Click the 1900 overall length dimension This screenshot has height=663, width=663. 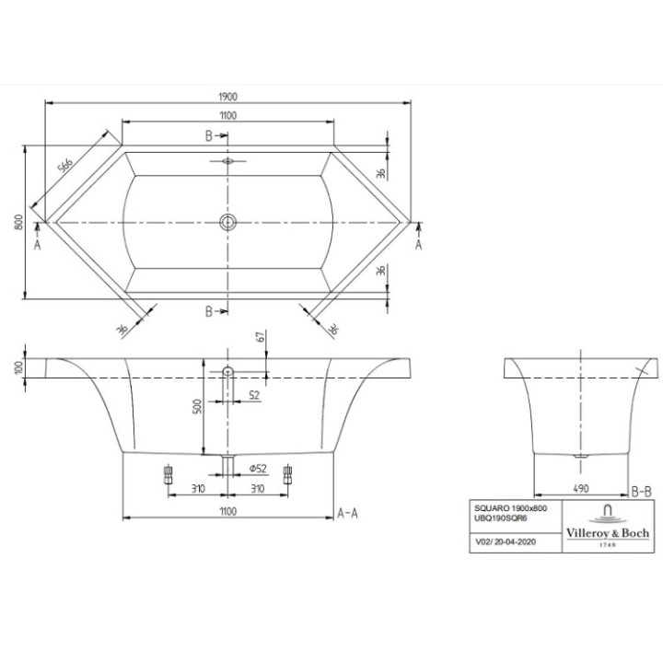pyautogui.click(x=228, y=97)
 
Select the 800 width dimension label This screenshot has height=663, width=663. pyautogui.click(x=18, y=222)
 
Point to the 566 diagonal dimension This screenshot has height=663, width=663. pyautogui.click(x=66, y=165)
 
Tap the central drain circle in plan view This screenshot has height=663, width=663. pyautogui.click(x=228, y=222)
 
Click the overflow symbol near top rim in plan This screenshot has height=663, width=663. pyautogui.click(x=228, y=159)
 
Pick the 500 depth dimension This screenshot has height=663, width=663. pyautogui.click(x=196, y=407)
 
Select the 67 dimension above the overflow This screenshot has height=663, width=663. pyautogui.click(x=261, y=338)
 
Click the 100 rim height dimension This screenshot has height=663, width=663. pyautogui.click(x=18, y=366)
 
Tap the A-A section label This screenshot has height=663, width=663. pyautogui.click(x=348, y=511)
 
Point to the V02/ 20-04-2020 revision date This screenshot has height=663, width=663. pyautogui.click(x=503, y=543)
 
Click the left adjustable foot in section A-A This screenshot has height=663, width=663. pyautogui.click(x=168, y=473)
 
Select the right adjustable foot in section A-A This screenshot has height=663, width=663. pyautogui.click(x=289, y=473)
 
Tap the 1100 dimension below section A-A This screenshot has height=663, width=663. pyautogui.click(x=228, y=511)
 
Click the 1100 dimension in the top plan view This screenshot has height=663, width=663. pyautogui.click(x=228, y=115)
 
